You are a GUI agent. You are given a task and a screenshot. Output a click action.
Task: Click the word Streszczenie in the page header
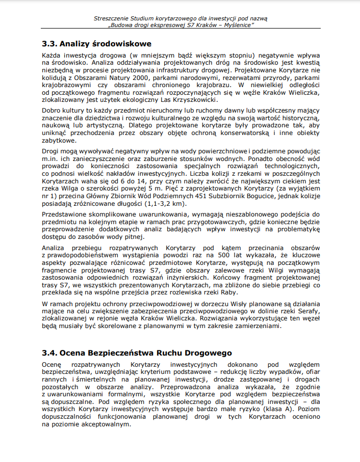click(x=112, y=18)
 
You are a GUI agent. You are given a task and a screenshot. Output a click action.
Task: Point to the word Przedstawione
click(x=65, y=214)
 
